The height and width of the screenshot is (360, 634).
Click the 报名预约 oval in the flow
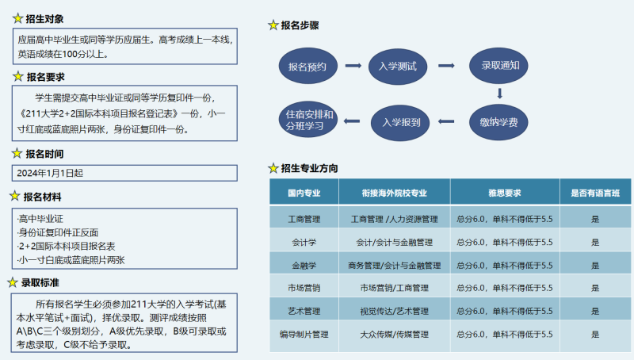[308, 66]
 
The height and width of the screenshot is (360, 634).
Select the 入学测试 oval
[398, 67]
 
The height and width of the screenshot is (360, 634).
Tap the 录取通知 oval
[498, 66]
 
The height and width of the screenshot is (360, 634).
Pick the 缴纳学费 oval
[498, 122]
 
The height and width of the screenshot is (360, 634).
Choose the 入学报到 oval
[400, 123]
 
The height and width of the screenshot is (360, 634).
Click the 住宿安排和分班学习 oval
[308, 119]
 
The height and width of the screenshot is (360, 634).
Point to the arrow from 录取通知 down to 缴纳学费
[500, 94]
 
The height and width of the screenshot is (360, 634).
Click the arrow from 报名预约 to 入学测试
[353, 66]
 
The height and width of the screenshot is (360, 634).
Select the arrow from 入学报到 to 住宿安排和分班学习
[352, 121]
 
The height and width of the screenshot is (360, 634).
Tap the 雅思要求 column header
[505, 193]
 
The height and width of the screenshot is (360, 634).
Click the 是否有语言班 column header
[595, 193]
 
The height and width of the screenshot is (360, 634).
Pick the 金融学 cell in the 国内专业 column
[304, 266]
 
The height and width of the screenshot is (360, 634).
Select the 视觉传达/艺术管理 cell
[394, 311]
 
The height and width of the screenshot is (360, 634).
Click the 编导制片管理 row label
[304, 334]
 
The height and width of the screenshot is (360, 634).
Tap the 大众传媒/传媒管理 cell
[394, 334]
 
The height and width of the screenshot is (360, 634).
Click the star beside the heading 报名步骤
[273, 25]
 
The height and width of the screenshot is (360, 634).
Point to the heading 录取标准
[40, 283]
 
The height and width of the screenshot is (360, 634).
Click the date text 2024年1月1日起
[50, 173]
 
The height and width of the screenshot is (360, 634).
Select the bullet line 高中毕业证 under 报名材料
[40, 219]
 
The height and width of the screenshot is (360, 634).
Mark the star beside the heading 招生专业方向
[273, 168]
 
